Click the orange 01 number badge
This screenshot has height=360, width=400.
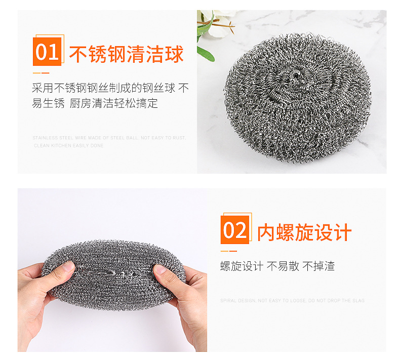coord(47,52)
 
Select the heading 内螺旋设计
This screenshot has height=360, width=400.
coord(304,233)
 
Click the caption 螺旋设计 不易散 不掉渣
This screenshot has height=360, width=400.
coord(277,266)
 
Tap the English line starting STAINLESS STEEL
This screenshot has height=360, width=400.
coord(109,138)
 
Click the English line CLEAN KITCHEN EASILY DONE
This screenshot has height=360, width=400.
coord(69,145)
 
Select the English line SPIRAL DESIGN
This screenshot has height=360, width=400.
coord(292,300)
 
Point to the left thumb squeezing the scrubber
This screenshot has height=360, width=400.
coord(61,269)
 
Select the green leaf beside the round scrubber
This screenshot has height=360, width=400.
coord(206,52)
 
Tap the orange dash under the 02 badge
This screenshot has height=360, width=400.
coord(229,251)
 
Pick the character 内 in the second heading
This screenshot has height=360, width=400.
coord(266,233)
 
